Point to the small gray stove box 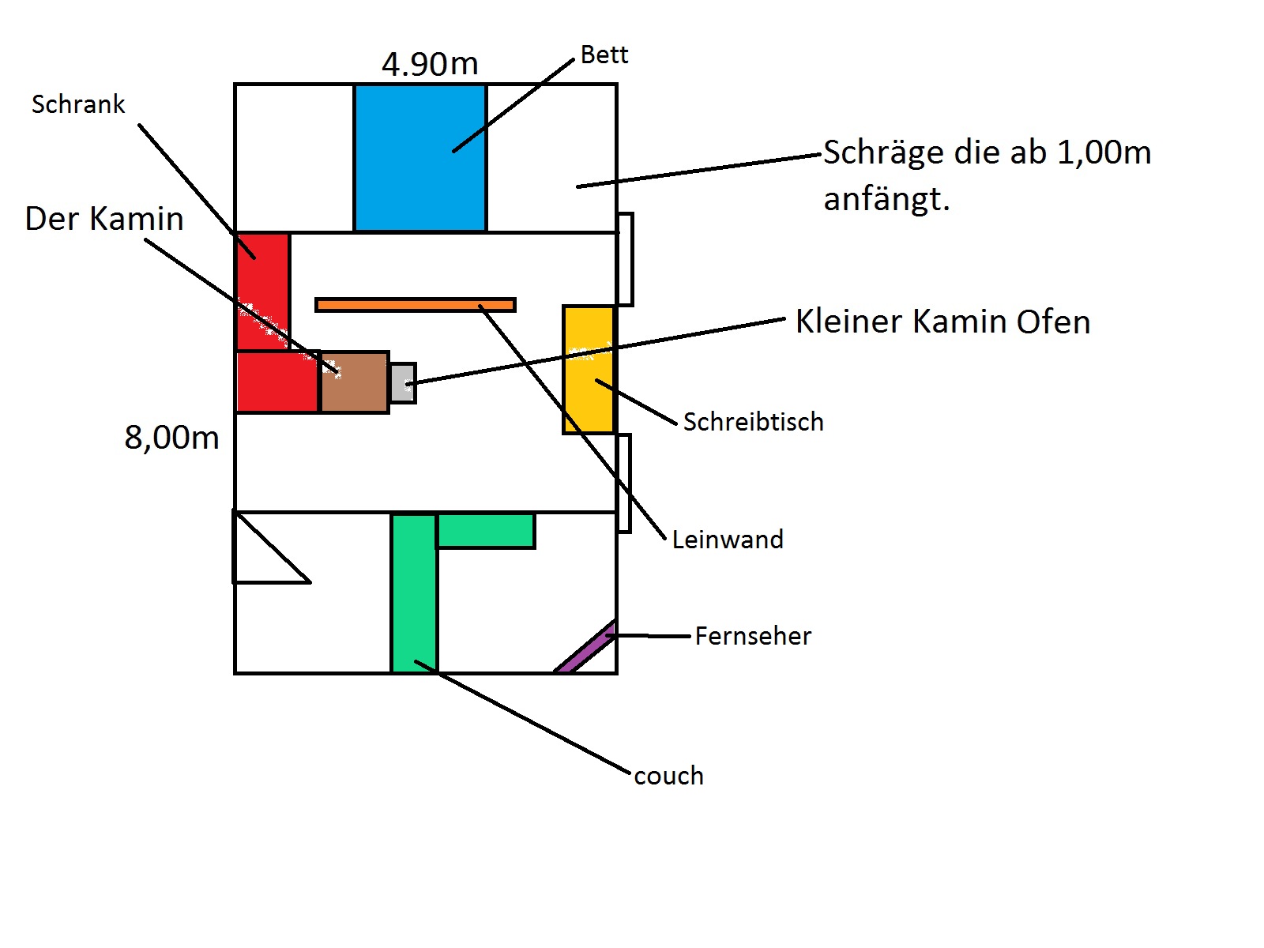coord(402,383)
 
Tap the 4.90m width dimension coord(430,64)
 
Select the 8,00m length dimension coord(171,437)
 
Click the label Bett coord(604,55)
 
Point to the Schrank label coord(78,104)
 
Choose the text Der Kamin coord(104,219)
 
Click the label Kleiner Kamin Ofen coord(942,322)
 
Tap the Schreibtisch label coord(753,422)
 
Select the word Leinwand coord(728,540)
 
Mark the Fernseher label coord(753,636)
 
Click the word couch coord(668,776)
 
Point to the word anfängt coord(886,199)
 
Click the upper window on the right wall coord(625,259)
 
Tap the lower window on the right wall coord(624,483)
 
